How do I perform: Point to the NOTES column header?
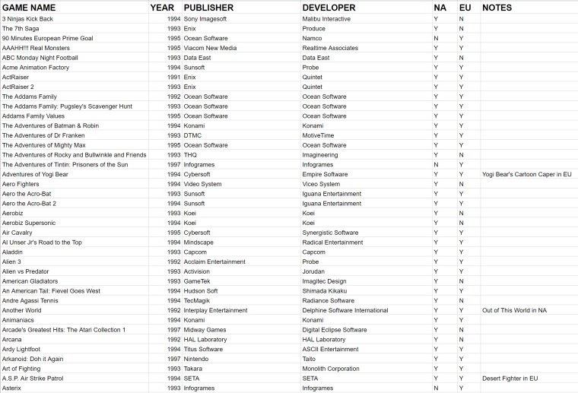pos(497,8)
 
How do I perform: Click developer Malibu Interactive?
pos(326,18)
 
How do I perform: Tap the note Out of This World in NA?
pos(514,310)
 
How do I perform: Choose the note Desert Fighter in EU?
pos(510,378)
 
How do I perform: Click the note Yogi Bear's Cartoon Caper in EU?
pos(526,174)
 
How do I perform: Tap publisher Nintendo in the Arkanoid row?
pos(196,359)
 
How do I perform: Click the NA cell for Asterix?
pos(437,388)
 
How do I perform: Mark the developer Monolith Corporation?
pos(330,369)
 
